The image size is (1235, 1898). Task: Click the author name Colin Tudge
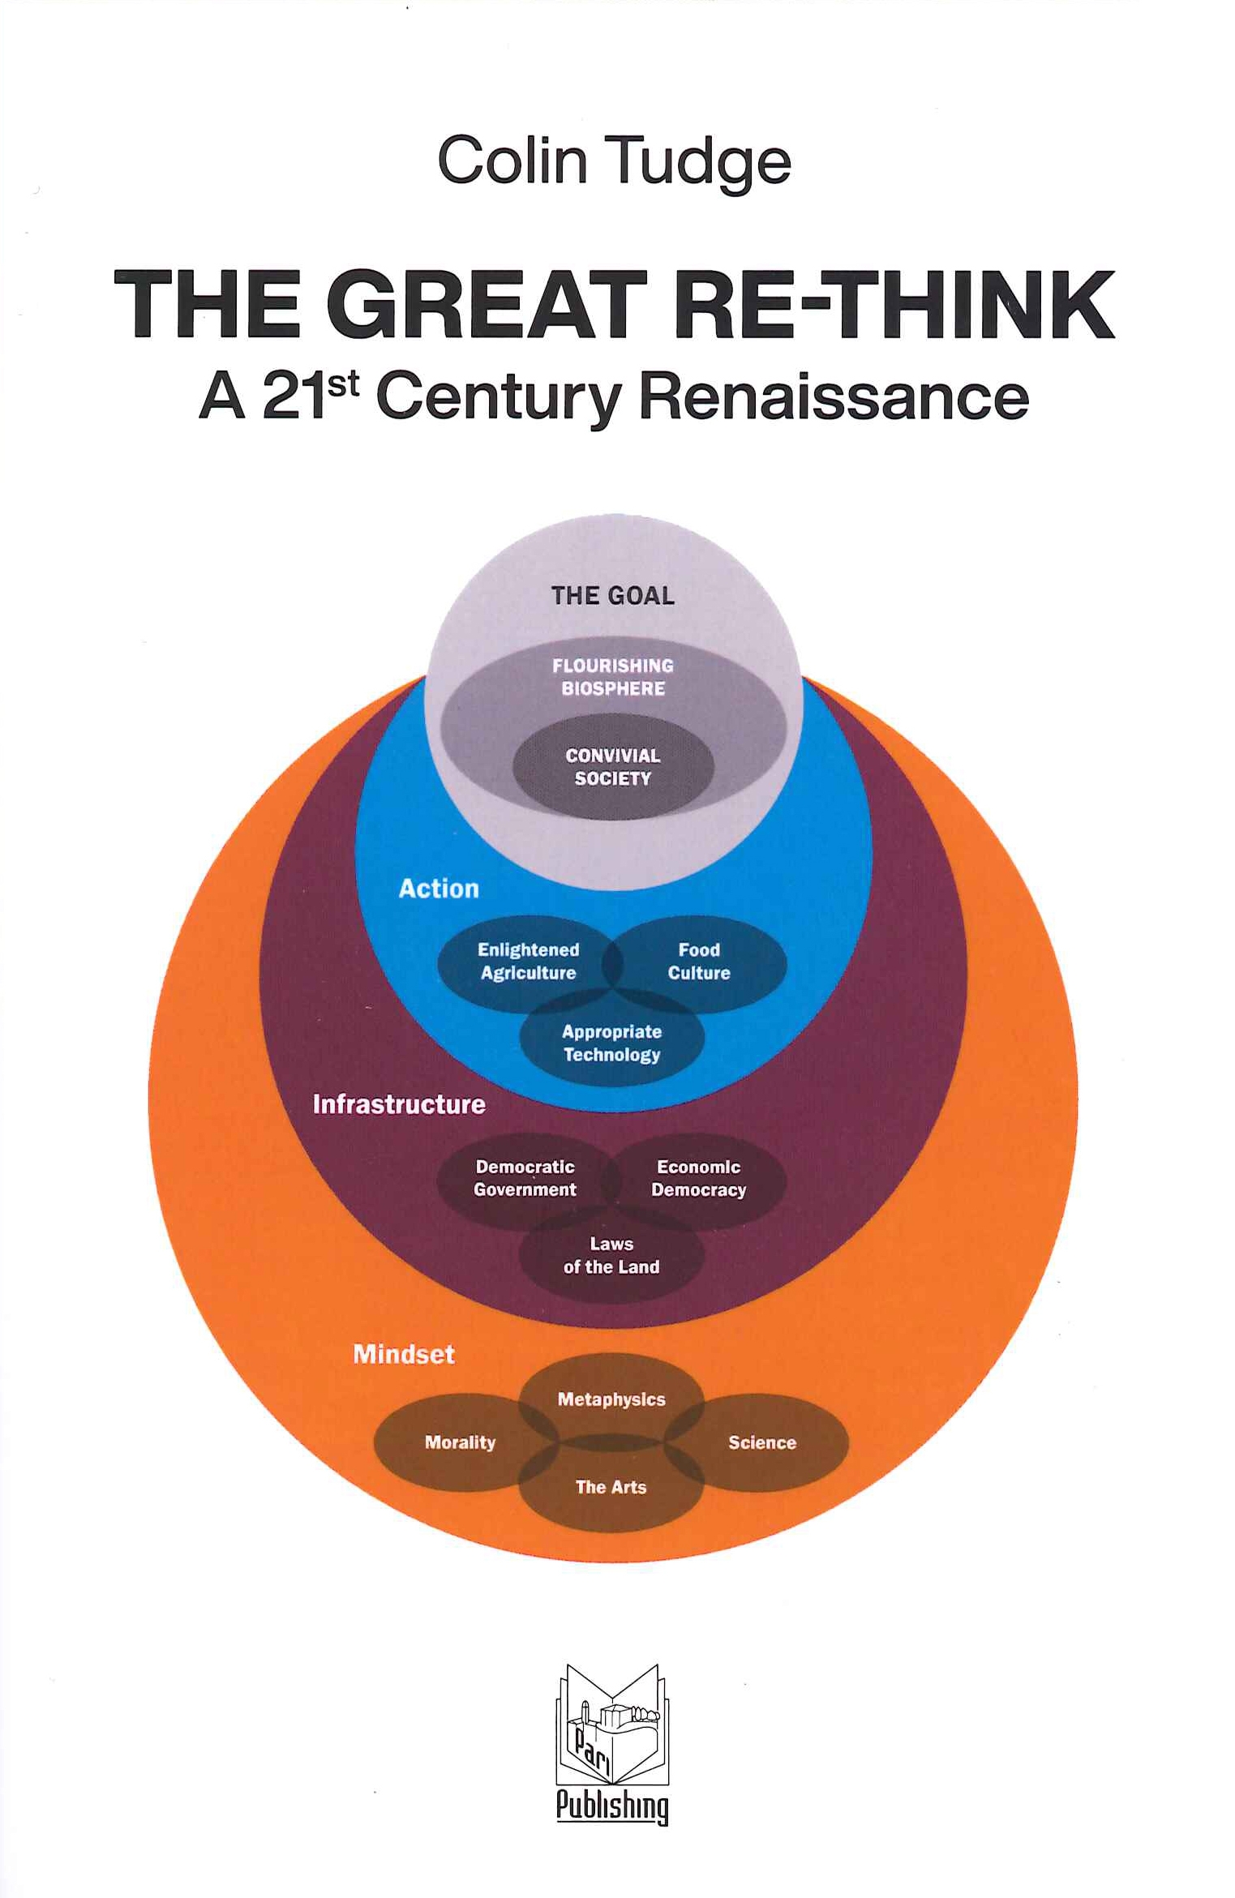pyautogui.click(x=614, y=161)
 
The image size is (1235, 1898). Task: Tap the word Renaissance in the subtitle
pyautogui.click(x=834, y=397)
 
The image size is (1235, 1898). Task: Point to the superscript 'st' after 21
pyautogui.click(x=342, y=383)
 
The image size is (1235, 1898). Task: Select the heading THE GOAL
pyautogui.click(x=612, y=596)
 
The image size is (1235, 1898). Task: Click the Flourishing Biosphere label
pyautogui.click(x=613, y=677)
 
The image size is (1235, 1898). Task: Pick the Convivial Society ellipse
pyautogui.click(x=613, y=767)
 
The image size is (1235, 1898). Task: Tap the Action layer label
pyautogui.click(x=439, y=889)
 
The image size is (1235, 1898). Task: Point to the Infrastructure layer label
pyautogui.click(x=399, y=1104)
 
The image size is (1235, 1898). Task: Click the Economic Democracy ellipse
pyautogui.click(x=699, y=1178)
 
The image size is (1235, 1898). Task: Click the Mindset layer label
pyautogui.click(x=404, y=1354)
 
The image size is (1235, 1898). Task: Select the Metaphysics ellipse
pyautogui.click(x=611, y=1399)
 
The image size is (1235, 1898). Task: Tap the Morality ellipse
pyautogui.click(x=460, y=1442)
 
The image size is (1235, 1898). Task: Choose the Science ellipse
pyautogui.click(x=762, y=1442)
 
